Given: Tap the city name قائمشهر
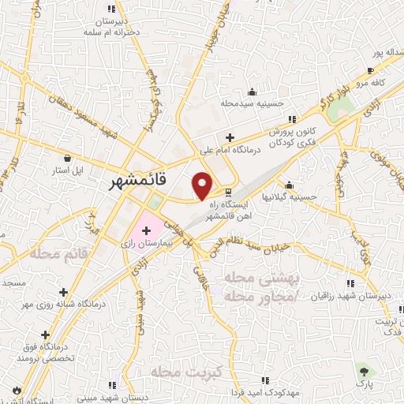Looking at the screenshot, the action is (134, 181).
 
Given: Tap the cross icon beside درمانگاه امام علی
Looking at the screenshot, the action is (230, 137).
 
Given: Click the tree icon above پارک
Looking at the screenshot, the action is (362, 370).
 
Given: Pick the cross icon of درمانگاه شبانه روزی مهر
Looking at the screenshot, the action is (75, 291).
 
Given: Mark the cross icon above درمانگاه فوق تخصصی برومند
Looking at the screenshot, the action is (45, 335).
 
